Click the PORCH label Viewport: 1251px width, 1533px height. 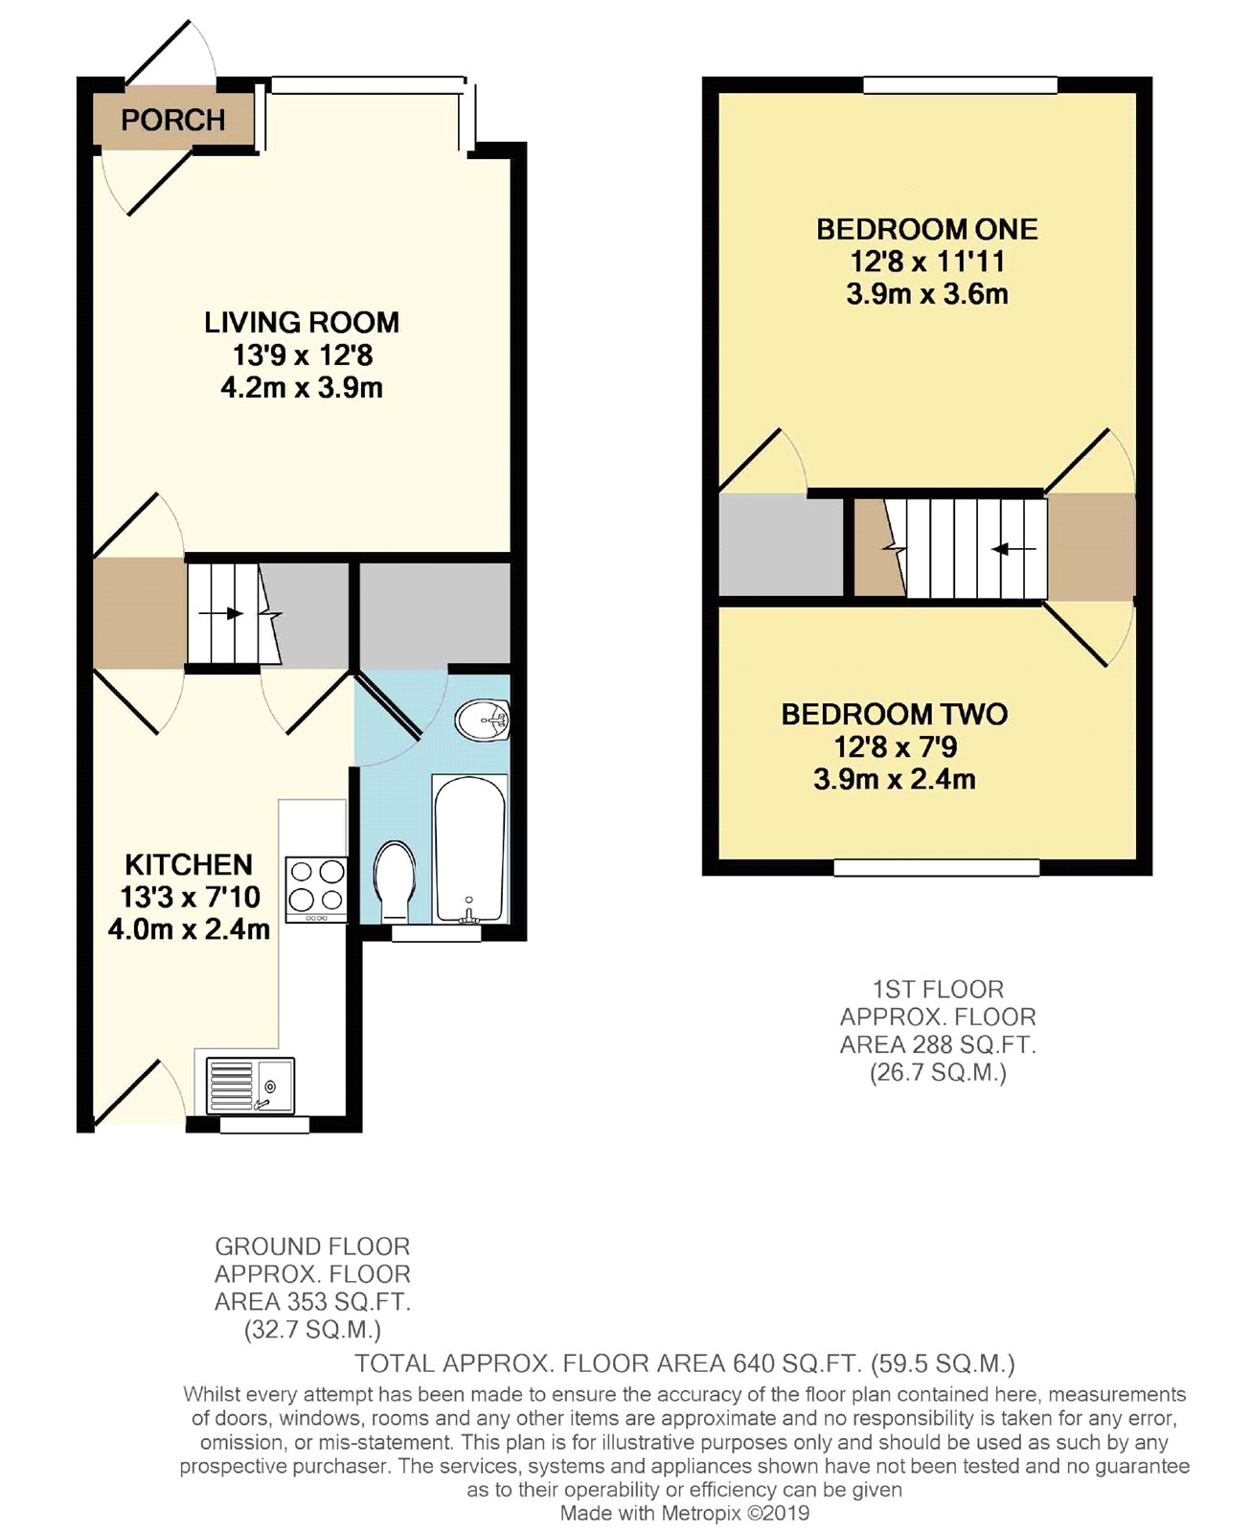[x=173, y=120]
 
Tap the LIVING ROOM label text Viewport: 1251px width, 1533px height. [x=302, y=323]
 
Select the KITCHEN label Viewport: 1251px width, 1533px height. [x=189, y=865]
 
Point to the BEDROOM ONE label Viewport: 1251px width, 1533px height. [x=927, y=230]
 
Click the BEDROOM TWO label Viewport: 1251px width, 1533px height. [x=894, y=715]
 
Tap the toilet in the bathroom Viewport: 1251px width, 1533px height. [x=395, y=882]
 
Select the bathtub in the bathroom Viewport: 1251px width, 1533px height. [x=469, y=849]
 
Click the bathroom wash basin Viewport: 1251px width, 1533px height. [x=482, y=721]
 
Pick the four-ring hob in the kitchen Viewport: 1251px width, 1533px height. [x=316, y=890]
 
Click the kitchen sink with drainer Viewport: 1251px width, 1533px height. [x=250, y=1086]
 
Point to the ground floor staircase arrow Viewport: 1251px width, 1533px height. [x=221, y=613]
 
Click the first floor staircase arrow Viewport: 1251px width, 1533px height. [x=1014, y=549]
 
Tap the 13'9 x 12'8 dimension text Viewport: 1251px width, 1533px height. [x=303, y=355]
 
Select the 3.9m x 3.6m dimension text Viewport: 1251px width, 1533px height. [x=927, y=294]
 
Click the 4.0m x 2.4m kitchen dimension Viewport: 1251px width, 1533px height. [x=189, y=929]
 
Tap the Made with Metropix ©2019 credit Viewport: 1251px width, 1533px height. [x=684, y=1514]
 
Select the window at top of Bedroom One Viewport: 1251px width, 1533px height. [x=960, y=85]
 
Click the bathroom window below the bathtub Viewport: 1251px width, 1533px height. [x=436, y=933]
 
